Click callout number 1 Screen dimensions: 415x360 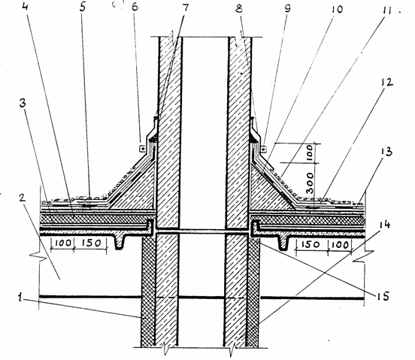20,298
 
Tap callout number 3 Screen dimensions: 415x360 23,104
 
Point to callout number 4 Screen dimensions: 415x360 25,6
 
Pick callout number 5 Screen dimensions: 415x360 83,8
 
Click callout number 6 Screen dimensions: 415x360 135,7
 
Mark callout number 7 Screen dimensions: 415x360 186,8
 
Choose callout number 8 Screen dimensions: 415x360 239,9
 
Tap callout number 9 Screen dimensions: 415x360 287,8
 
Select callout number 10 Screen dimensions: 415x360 335,10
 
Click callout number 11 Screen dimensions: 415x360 385,11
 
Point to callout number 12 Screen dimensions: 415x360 386,83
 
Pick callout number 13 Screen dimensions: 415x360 386,152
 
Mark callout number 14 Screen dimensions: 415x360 384,225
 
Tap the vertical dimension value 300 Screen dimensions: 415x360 310,183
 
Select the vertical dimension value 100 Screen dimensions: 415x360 310,153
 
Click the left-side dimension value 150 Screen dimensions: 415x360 90,243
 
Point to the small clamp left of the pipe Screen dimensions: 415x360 142,149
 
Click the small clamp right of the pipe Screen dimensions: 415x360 263,150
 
